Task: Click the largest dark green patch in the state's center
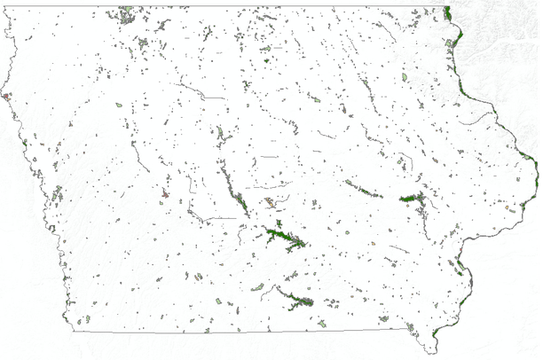[282, 237]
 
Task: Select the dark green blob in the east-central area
[412, 199]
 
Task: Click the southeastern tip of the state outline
[434, 348]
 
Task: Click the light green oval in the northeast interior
[405, 77]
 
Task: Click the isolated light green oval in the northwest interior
[119, 106]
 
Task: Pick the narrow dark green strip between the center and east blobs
[364, 189]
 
